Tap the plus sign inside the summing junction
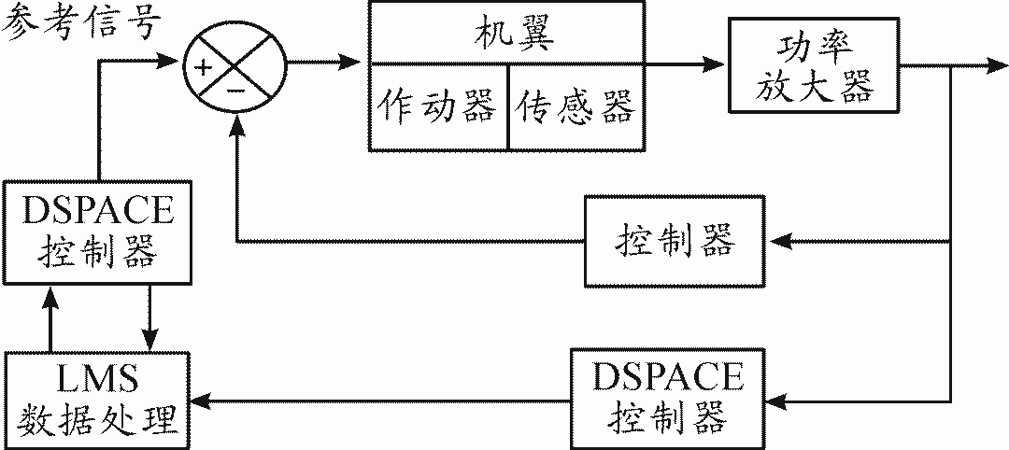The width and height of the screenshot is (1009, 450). pyautogui.click(x=202, y=65)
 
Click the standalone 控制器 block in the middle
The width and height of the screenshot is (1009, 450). pyautogui.click(x=675, y=242)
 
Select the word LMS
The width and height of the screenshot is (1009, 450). pyautogui.click(x=96, y=380)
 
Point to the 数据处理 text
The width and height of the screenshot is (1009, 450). pyautogui.click(x=96, y=417)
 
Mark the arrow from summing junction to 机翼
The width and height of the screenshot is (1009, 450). pyautogui.click(x=327, y=63)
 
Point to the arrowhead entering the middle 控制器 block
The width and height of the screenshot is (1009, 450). pyautogui.click(x=777, y=242)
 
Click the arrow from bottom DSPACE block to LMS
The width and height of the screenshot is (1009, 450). pyautogui.click(x=383, y=401)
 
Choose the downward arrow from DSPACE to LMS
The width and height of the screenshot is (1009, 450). pyautogui.click(x=149, y=317)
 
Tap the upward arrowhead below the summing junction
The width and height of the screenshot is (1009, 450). pyautogui.click(x=236, y=127)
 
